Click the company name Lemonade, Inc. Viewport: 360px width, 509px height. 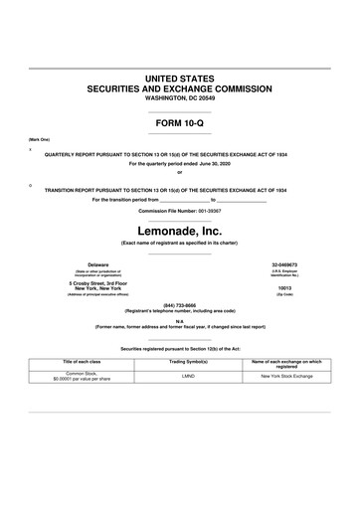tap(179, 231)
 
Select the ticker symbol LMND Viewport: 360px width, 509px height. tap(180, 377)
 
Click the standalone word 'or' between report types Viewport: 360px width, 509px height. tap(179, 174)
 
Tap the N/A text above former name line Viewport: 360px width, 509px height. tap(179, 320)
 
